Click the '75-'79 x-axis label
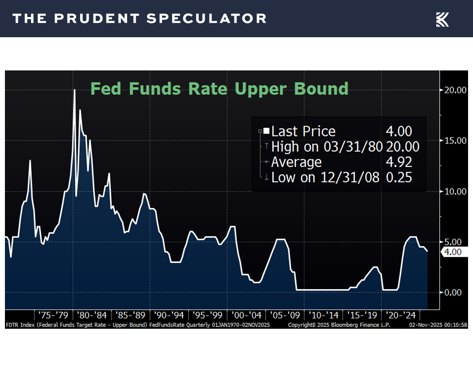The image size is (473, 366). [54, 314]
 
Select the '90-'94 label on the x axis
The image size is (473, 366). [170, 314]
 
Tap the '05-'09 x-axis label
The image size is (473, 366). [286, 314]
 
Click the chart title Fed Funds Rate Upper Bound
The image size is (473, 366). [219, 88]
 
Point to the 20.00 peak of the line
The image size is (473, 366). [74, 90]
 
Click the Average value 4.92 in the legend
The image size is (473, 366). [399, 162]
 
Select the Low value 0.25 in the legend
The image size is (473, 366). [399, 177]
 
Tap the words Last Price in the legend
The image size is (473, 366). [303, 131]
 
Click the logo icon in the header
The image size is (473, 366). [442, 19]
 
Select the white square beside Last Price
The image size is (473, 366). [267, 131]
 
